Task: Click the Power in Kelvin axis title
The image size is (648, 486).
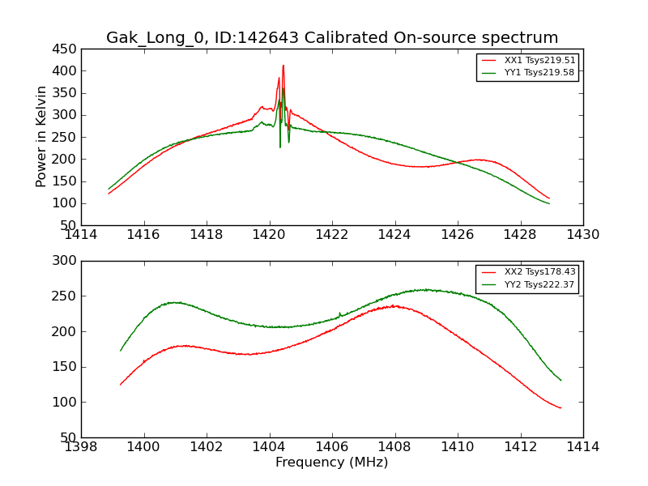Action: [x=42, y=137]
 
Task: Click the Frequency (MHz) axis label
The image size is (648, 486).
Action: [x=332, y=463]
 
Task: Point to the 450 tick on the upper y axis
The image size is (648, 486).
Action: [x=64, y=49]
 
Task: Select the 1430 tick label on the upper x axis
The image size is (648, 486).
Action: [x=583, y=235]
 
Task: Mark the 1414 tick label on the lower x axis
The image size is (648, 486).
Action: [x=583, y=447]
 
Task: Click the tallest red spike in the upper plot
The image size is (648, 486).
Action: [x=283, y=66]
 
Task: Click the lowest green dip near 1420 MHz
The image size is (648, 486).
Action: [x=280, y=146]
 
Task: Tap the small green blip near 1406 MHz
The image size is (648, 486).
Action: [x=339, y=313]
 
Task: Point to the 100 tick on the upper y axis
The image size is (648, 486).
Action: [x=64, y=203]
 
